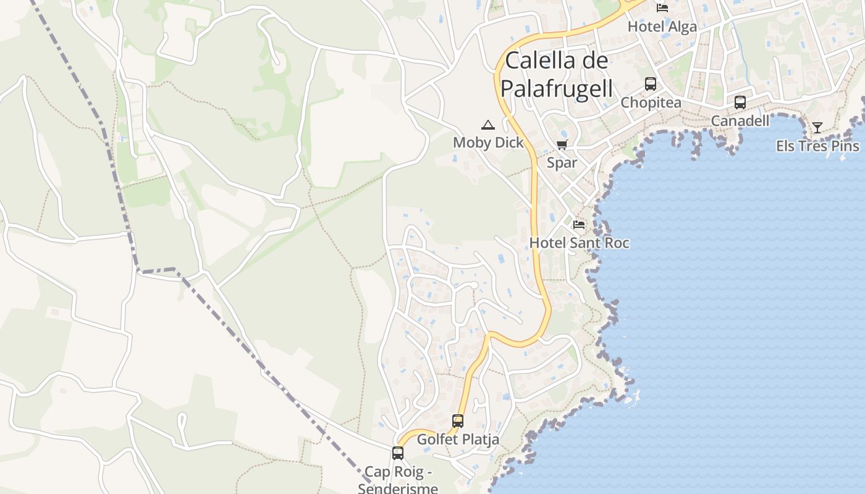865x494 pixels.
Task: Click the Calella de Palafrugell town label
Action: (557, 74)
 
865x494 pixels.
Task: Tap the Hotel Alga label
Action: (662, 27)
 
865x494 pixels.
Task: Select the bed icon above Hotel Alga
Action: (662, 8)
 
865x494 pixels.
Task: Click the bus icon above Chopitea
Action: (650, 84)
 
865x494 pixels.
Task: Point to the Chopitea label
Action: (651, 103)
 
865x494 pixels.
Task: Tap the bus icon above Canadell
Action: (740, 103)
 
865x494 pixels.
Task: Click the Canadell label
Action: (740, 120)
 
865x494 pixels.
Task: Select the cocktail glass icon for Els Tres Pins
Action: (817, 128)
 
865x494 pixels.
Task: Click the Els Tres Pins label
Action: (817, 146)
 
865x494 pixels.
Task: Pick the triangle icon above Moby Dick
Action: (488, 125)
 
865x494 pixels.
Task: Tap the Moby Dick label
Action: (488, 143)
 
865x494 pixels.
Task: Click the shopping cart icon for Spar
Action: (562, 145)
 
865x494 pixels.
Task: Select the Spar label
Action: (562, 163)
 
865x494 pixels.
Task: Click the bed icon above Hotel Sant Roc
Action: (579, 225)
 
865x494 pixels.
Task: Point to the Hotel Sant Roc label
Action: (579, 243)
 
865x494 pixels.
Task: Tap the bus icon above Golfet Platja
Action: (458, 421)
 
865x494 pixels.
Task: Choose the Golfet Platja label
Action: (458, 440)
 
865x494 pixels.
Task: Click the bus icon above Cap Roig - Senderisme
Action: (398, 453)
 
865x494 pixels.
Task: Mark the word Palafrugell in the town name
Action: (557, 88)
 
